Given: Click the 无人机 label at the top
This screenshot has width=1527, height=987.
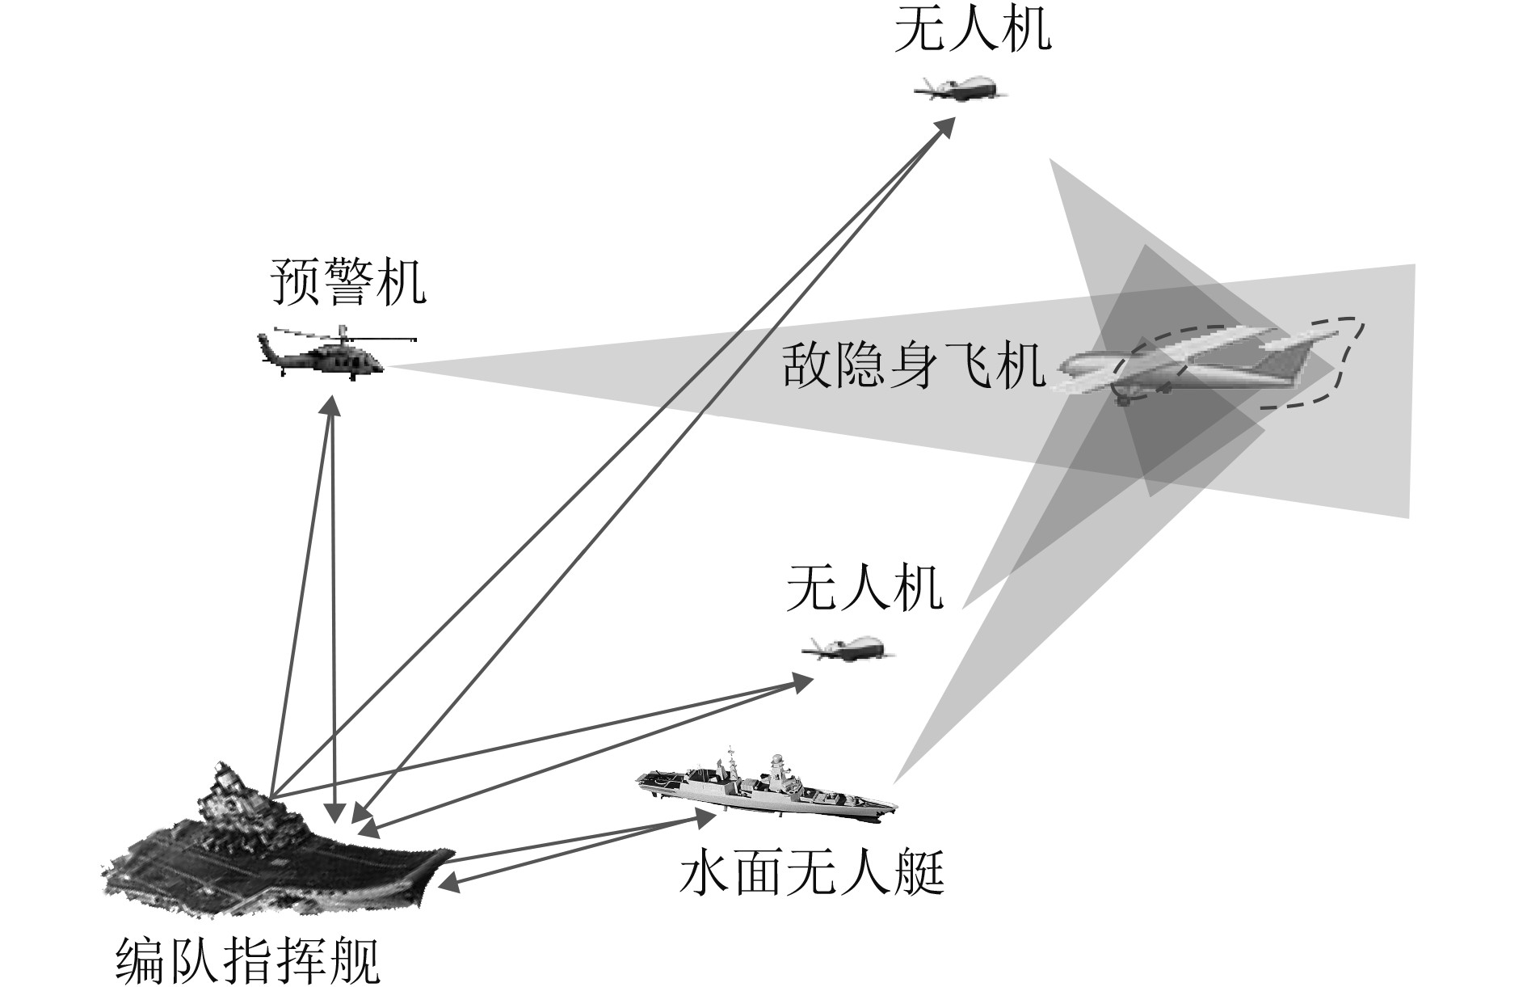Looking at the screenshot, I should pos(972,31).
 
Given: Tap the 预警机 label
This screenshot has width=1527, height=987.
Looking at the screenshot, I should pos(348,282).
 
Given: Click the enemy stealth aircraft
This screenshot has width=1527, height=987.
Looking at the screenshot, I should pos(1196,364).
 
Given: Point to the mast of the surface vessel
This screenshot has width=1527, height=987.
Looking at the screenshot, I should pos(776,764).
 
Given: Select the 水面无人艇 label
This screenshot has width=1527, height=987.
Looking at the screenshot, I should pos(811,874).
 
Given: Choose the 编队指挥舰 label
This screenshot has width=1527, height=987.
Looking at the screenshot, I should pos(247,960).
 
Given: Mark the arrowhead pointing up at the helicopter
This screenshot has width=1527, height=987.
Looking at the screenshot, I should pos(332,405).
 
